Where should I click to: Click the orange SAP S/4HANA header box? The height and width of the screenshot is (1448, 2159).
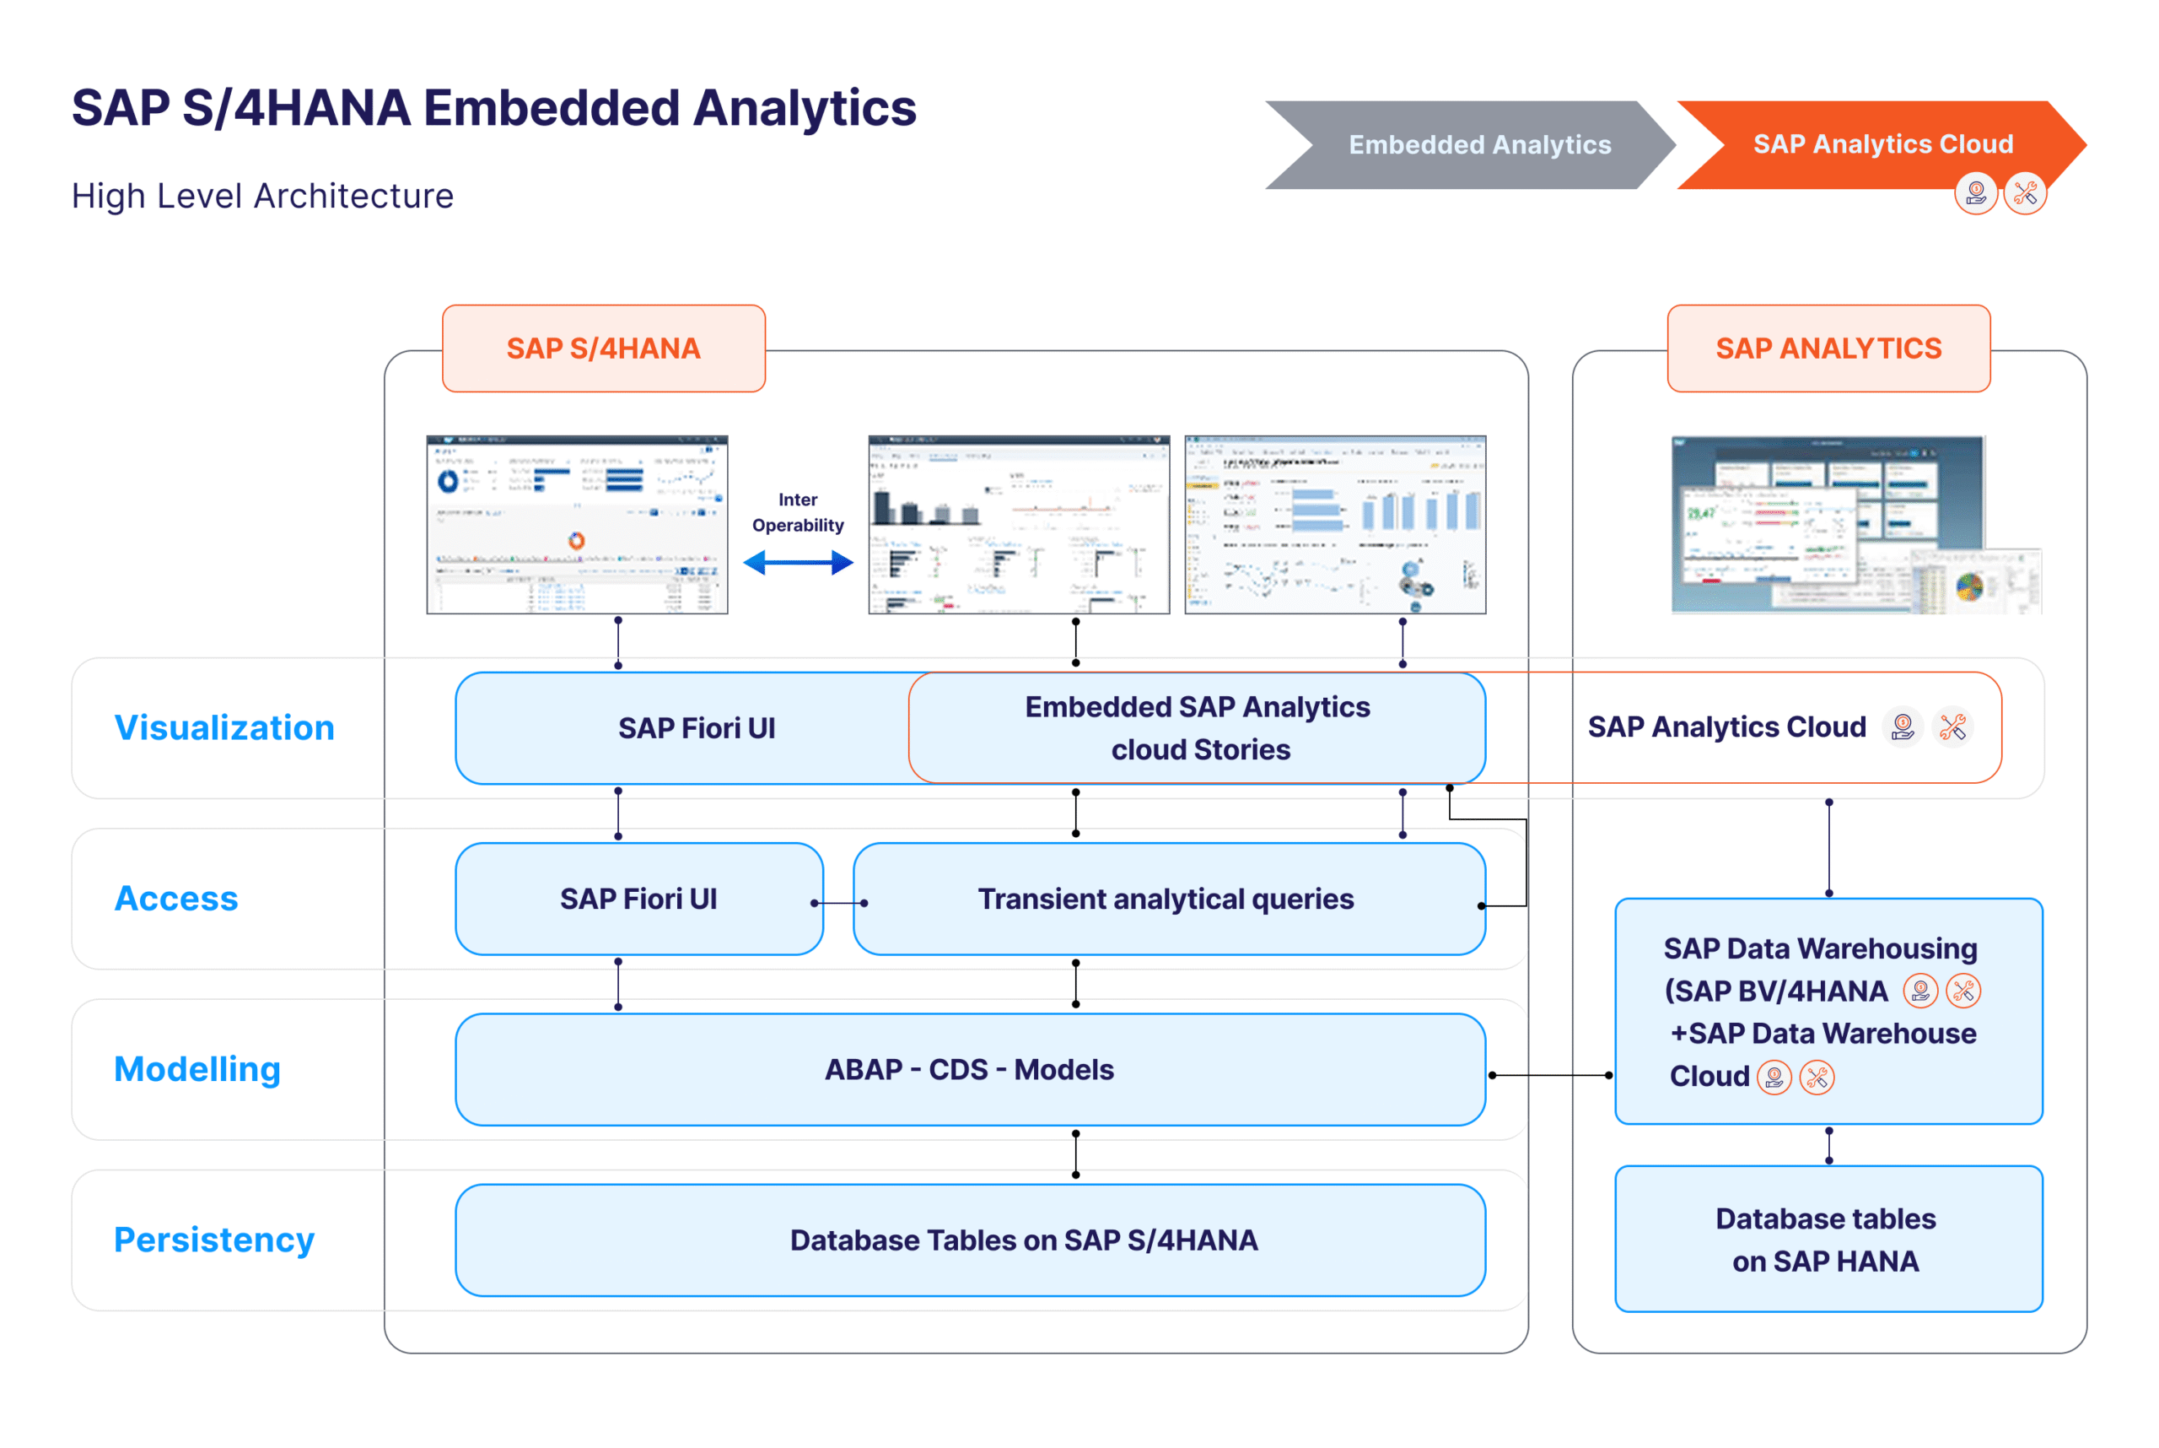[603, 348]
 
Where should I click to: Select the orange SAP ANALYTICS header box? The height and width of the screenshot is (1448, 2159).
[1828, 348]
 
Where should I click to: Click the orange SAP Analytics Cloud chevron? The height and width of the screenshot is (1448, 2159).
[1882, 144]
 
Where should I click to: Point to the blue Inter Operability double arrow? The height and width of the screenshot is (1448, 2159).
[798, 562]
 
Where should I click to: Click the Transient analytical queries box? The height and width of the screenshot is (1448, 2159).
[1168, 899]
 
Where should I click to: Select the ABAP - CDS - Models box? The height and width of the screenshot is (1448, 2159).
[969, 1069]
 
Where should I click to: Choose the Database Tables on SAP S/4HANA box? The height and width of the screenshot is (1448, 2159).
[969, 1240]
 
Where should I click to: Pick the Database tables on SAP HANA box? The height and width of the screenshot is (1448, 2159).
[1828, 1240]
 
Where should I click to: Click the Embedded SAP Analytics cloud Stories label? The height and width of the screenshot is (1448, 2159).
[1198, 727]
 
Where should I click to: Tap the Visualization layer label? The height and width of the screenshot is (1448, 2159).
[224, 727]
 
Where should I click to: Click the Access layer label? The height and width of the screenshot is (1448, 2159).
[176, 899]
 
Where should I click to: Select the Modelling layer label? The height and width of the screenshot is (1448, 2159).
[197, 1069]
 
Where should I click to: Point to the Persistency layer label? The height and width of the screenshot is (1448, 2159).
[214, 1240]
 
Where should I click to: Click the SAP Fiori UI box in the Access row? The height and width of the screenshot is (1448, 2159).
[638, 899]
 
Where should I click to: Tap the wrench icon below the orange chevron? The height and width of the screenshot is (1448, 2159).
[2025, 194]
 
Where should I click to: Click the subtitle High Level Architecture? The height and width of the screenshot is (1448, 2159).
[263, 196]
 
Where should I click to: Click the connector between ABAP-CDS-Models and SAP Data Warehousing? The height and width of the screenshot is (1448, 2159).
[1551, 1075]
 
